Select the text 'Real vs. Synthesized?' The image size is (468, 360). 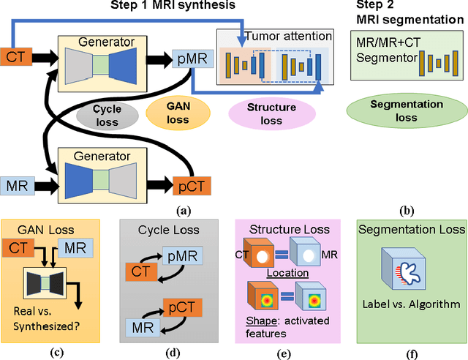pyautogui.click(x=50, y=314)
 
